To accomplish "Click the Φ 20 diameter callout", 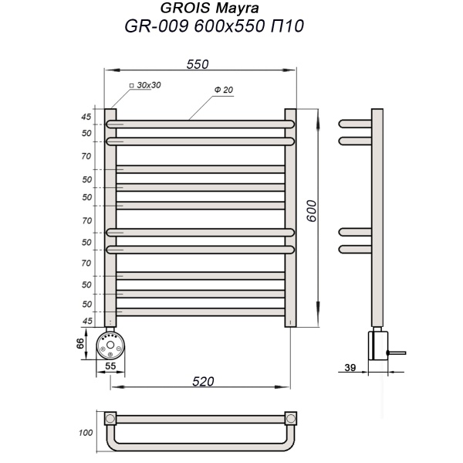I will [225, 90].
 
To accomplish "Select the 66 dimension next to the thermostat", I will [79, 343].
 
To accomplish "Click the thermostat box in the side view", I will [377, 344].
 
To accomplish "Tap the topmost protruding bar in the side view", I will [355, 124].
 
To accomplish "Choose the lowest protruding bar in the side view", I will [355, 249].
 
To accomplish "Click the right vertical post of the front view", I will [290, 217].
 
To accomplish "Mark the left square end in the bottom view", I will [110, 419].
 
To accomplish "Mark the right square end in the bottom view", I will [291, 419].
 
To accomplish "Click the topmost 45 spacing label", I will [87, 117].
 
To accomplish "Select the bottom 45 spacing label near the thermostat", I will [87, 321].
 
